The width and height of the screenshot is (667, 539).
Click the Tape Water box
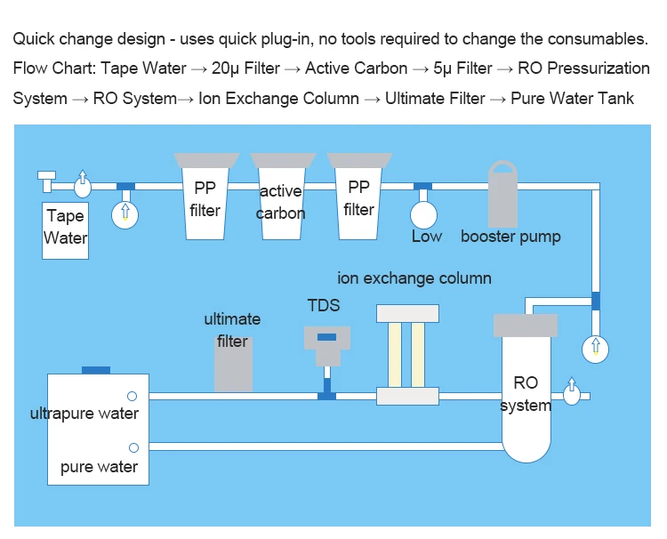pyautogui.click(x=66, y=229)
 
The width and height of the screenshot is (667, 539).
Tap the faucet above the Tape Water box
pyautogui.click(x=45, y=180)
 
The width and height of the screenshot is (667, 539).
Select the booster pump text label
pyautogui.click(x=510, y=237)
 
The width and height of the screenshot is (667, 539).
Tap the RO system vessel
pyautogui.click(x=526, y=391)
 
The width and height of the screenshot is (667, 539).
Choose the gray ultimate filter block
pyautogui.click(x=233, y=364)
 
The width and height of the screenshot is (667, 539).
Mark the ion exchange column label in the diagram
pyautogui.click(x=414, y=278)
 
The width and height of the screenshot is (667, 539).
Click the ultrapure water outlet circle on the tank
pyautogui.click(x=132, y=396)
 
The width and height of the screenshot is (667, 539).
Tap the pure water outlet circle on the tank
pyautogui.click(x=133, y=447)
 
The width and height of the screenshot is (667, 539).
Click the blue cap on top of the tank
pyautogui.click(x=95, y=370)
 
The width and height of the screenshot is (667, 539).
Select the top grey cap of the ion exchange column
pyautogui.click(x=407, y=313)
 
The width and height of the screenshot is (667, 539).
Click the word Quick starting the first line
pyautogui.click(x=33, y=39)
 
